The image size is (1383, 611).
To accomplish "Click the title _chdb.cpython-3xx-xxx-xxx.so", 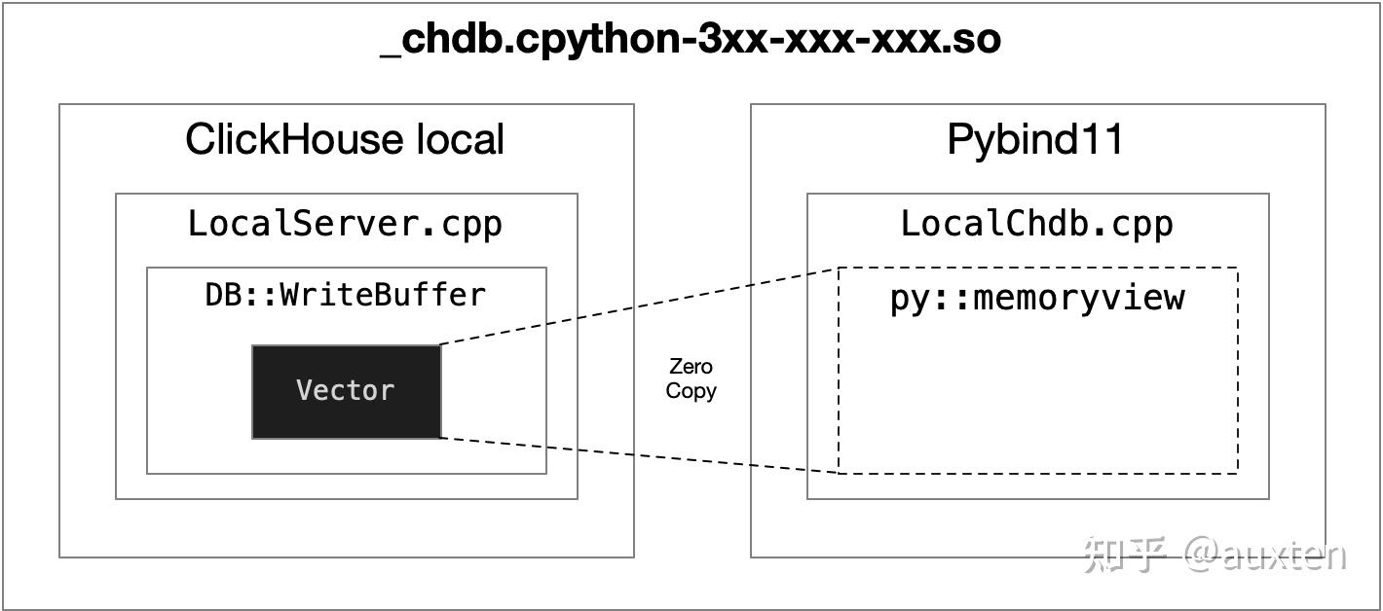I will (691, 40).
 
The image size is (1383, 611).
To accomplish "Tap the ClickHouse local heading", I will (345, 139).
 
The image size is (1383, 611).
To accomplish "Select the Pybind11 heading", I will (1035, 139).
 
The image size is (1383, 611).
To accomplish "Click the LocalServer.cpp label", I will (345, 224).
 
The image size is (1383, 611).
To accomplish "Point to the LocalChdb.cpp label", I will (1036, 224).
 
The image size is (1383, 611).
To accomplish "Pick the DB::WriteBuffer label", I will (345, 294).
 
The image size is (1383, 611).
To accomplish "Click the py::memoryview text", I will (1037, 298).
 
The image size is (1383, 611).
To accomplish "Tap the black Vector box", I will (346, 391).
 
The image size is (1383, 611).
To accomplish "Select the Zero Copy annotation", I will (691, 378).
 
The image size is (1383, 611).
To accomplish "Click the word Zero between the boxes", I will (691, 367).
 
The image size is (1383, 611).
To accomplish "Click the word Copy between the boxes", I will (691, 391).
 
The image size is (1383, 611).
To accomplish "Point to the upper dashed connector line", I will (638, 305).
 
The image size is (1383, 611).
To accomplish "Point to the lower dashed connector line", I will (638, 455).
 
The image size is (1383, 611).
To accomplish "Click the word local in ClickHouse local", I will (461, 139).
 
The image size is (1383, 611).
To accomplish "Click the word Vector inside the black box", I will (346, 391).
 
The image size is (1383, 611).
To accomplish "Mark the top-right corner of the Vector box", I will (440, 345).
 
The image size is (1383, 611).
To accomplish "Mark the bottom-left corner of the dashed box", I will (840, 473).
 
